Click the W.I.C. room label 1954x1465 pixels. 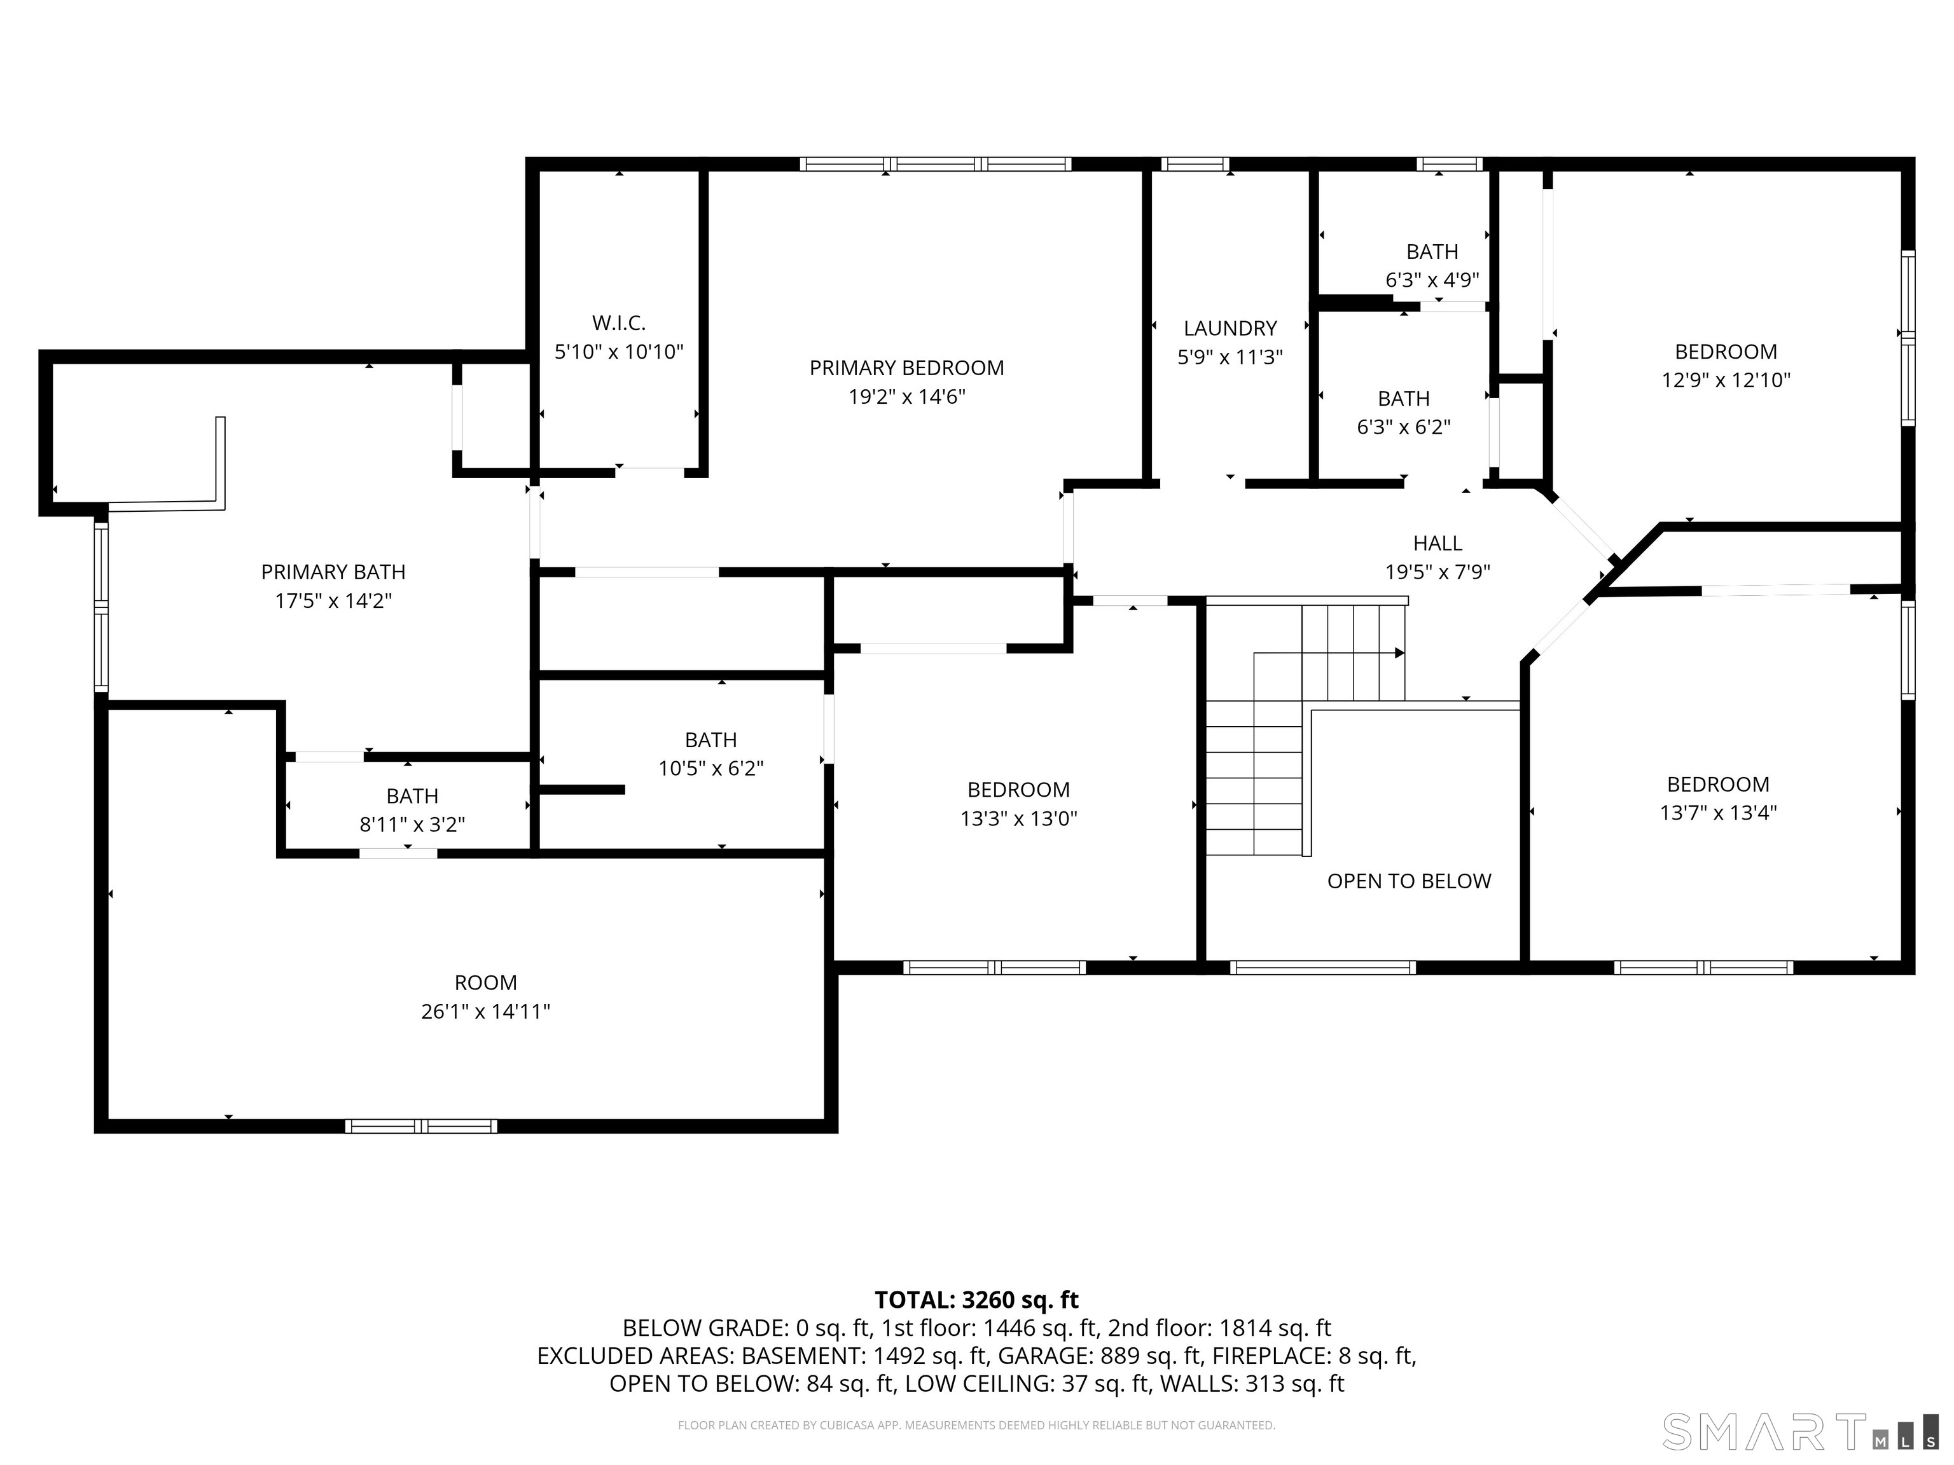pos(618,323)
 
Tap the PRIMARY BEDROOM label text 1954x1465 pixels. pos(906,368)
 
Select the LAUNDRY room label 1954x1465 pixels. pos(1230,329)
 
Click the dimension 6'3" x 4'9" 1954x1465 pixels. pos(1432,280)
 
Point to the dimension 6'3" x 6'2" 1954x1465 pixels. pos(1404,427)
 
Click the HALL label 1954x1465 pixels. pos(1438,543)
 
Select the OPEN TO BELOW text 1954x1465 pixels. pos(1409,881)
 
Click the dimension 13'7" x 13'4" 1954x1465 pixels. pos(1718,813)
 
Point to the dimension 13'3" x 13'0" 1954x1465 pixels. pos(1018,818)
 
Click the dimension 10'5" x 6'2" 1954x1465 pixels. pos(710,768)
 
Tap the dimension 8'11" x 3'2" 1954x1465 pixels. pos(412,825)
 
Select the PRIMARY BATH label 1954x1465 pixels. pos(333,572)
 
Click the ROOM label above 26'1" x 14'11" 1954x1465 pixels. pos(485,983)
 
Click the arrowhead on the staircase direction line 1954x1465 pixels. pos(1399,654)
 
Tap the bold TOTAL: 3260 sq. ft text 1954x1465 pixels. pos(976,1300)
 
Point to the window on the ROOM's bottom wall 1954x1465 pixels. pos(420,1126)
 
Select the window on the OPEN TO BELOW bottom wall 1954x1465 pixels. pos(1322,968)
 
